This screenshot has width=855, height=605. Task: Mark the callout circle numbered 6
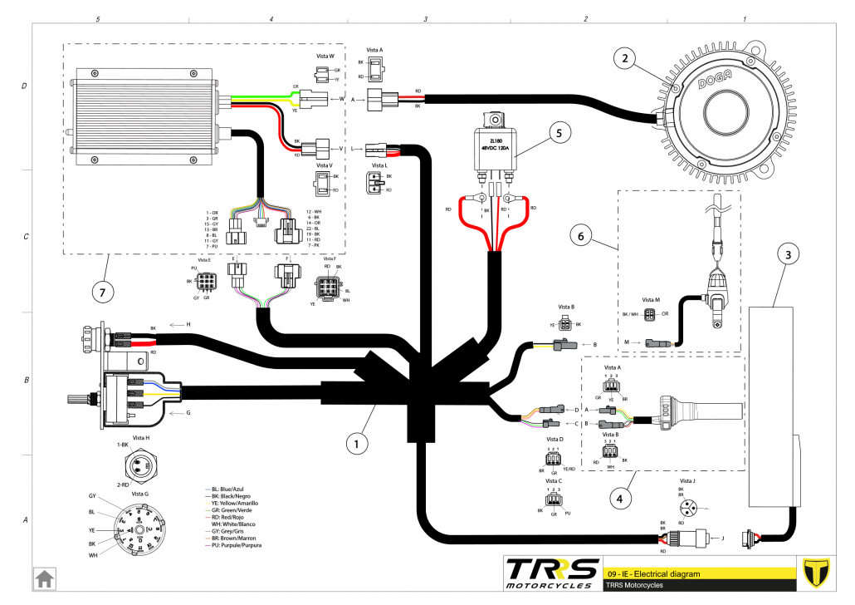pyautogui.click(x=581, y=236)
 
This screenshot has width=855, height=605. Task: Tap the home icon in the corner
pyautogui.click(x=44, y=577)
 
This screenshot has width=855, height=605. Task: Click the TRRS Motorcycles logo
pyautogui.click(x=552, y=573)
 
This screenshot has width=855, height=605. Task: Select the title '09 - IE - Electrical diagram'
pyautogui.click(x=654, y=573)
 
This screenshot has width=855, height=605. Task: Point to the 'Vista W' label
pyautogui.click(x=325, y=57)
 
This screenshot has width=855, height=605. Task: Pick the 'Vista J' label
pyautogui.click(x=688, y=481)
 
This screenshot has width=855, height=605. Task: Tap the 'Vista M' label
pyautogui.click(x=651, y=299)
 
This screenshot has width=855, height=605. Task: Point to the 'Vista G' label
pyautogui.click(x=140, y=494)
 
